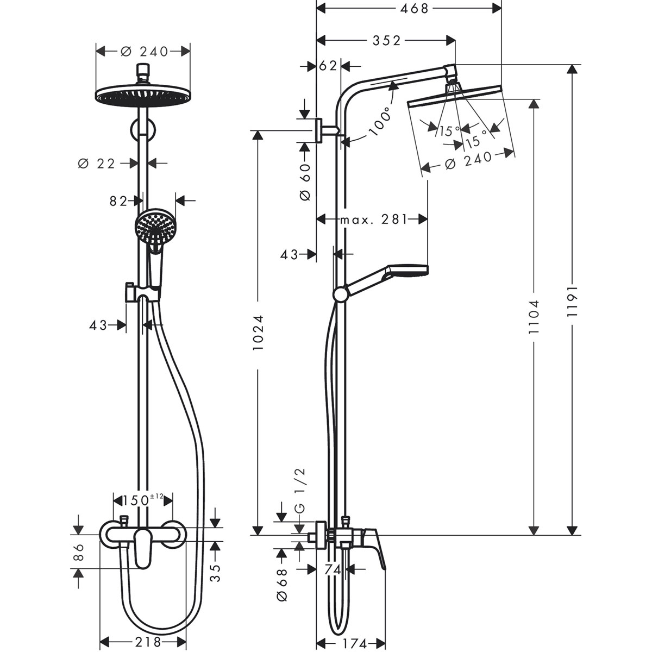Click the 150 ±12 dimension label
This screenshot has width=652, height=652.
141,499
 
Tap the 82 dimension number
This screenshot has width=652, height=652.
118,201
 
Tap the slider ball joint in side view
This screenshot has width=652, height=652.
341,294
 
